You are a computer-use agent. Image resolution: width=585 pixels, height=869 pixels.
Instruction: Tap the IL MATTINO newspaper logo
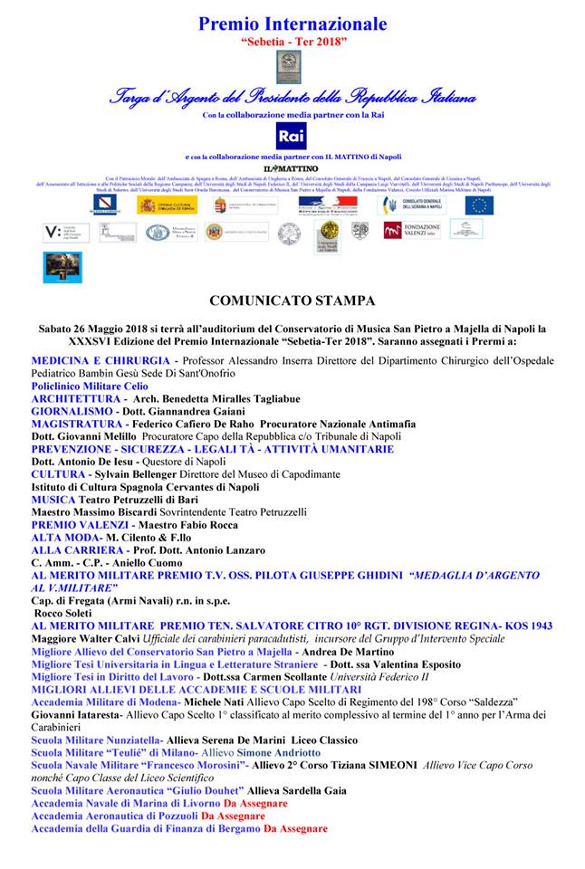tap(292, 169)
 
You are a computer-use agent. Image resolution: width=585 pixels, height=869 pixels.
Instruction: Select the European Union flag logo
tap(479, 205)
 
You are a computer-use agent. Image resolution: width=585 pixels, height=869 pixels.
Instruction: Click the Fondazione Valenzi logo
tap(412, 231)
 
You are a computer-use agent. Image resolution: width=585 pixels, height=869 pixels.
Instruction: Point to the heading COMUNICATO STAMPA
tap(292, 300)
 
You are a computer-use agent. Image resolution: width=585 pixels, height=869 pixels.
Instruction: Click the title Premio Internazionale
tap(292, 24)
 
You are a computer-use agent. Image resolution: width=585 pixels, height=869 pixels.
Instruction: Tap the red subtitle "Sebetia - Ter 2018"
tap(292, 42)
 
